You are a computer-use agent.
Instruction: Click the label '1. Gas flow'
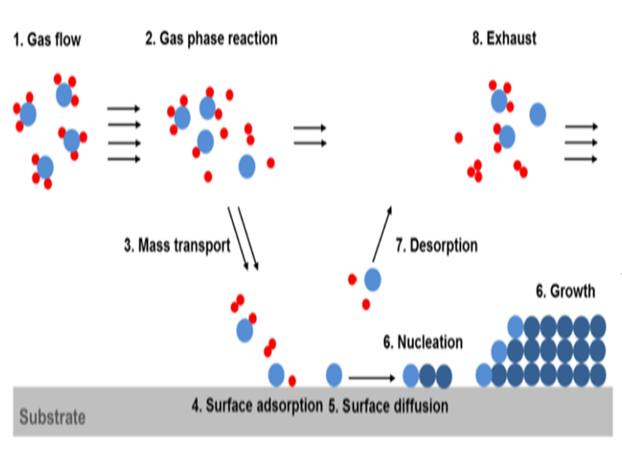click(47, 41)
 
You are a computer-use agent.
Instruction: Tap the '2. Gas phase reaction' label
click(211, 39)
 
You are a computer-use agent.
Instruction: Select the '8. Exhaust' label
click(504, 38)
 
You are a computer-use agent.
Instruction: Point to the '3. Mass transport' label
click(177, 246)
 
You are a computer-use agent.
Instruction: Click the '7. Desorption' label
click(436, 245)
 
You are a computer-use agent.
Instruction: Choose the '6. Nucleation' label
click(423, 342)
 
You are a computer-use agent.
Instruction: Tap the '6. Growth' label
click(565, 292)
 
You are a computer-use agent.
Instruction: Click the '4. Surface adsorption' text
click(257, 406)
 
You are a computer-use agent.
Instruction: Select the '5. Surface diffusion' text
click(388, 406)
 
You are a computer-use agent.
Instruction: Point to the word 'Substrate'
click(52, 418)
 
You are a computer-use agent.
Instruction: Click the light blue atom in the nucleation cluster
click(411, 375)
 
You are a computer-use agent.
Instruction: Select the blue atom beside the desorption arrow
click(372, 279)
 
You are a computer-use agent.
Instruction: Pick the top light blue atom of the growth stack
click(515, 327)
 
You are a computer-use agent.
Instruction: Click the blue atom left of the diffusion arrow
click(334, 375)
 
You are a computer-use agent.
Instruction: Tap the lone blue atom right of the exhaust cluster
click(538, 114)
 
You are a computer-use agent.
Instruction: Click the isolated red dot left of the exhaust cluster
click(458, 138)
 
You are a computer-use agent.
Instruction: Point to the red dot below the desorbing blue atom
click(365, 304)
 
